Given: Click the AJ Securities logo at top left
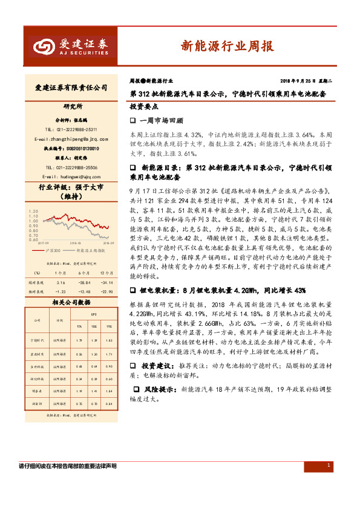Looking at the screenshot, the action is (x=69, y=47).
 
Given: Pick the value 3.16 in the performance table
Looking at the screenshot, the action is (x=59, y=282).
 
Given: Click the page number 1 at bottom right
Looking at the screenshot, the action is (x=328, y=465).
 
